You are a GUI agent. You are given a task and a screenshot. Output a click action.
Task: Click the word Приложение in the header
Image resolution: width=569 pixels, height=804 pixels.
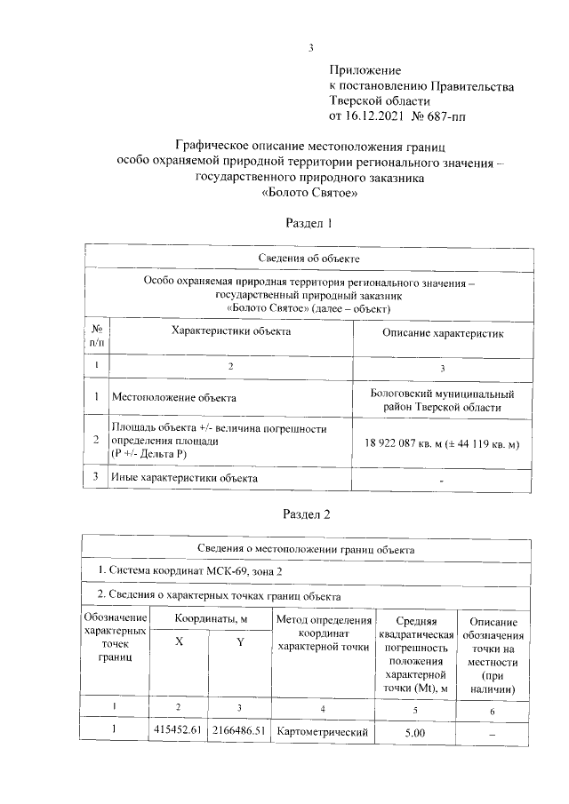point(365,69)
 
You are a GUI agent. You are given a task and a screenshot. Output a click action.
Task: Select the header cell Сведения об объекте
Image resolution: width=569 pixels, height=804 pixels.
point(309,259)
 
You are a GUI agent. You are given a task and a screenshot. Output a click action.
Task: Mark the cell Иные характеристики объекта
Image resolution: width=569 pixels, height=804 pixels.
point(184,478)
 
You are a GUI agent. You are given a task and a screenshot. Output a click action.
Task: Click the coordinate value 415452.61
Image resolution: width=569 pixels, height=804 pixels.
point(178,732)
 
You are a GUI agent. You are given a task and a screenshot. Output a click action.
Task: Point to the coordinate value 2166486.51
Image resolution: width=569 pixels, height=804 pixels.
point(238,732)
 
